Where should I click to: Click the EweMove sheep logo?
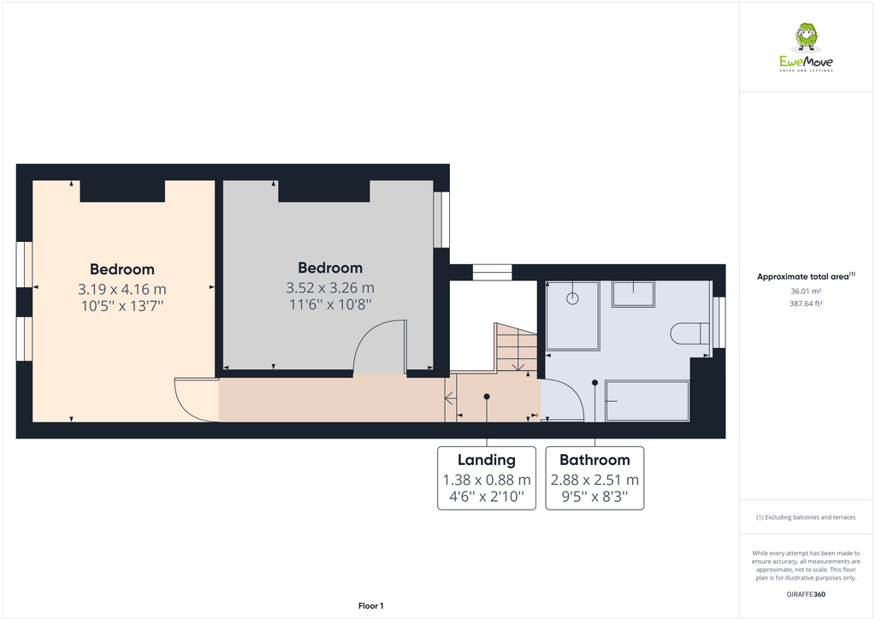806,38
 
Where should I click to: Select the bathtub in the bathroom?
647,401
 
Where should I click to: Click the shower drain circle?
572,298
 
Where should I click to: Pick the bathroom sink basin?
632,294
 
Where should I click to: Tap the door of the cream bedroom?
195,399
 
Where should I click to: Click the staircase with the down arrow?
516,348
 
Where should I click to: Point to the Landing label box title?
486,460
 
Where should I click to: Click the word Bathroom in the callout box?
595,460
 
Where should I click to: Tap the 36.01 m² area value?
805,291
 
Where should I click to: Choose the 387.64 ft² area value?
805,303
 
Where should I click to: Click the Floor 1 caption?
370,605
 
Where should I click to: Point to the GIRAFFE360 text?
805,594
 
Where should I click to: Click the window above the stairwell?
491,273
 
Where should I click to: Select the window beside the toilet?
719,322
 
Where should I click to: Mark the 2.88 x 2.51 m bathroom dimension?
595,480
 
